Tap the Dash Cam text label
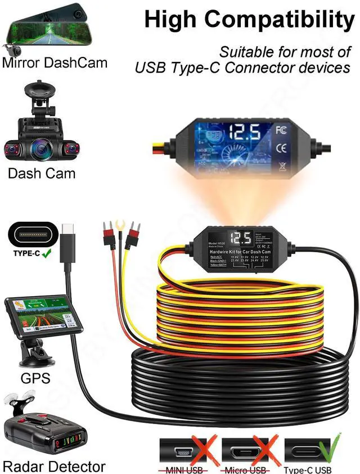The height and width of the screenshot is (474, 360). coord(41,173)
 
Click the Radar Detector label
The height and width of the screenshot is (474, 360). coord(54,466)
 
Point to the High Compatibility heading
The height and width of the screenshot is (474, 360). coord(250,20)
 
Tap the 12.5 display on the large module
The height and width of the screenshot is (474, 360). coord(244,133)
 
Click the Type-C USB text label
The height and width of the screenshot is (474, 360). coord(308,470)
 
